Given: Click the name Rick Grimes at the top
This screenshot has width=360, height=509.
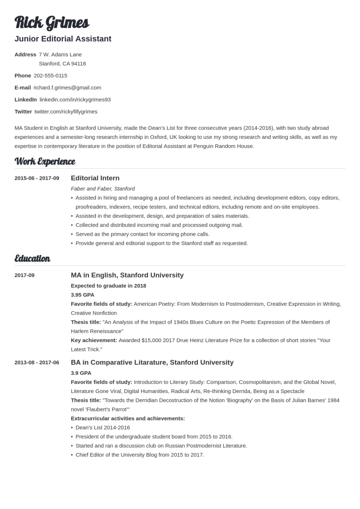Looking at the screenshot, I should pos(52,23).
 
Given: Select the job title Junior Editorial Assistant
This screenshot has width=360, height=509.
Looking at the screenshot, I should pos(63,39).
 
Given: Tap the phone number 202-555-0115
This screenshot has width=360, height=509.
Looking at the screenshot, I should pos(50,75).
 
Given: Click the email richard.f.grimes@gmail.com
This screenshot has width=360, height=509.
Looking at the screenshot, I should pos(67,88).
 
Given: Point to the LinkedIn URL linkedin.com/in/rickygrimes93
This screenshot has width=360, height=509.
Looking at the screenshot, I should pos(75,100).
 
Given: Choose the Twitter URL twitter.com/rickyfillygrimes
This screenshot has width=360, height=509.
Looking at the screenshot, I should pos(66,112).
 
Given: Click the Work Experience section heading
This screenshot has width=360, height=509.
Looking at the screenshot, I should pos(45,162).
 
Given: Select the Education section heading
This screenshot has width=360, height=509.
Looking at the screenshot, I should pos(32,259).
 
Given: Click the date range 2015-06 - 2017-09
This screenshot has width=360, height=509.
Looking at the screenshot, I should pos(37,178).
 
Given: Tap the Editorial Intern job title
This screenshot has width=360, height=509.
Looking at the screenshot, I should pos(95,178).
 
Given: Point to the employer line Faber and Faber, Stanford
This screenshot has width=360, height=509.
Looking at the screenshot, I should pos(103,189).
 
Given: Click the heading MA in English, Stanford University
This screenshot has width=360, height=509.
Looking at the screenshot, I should pos(127,275).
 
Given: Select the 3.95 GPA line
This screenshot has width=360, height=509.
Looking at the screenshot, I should pos(82,295).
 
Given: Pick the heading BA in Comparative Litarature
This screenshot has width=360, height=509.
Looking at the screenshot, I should pos(152,362).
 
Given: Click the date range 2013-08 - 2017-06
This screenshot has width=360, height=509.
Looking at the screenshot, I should pos(37,362).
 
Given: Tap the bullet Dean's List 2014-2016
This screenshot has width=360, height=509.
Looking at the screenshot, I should pos(103,427).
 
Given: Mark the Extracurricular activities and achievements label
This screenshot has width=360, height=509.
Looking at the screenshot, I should pos(128,418).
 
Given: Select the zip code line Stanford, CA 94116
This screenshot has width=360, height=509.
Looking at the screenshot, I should pos(62,64).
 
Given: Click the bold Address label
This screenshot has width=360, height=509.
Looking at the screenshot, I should pos(25,54).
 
